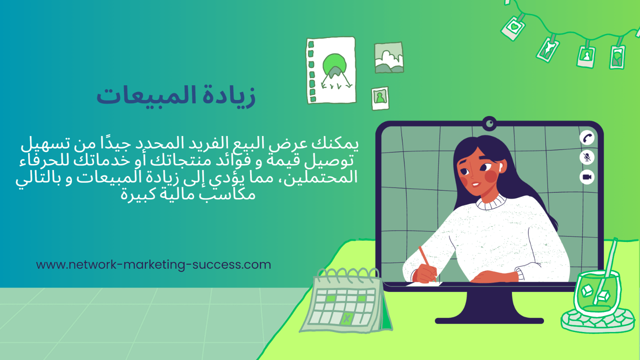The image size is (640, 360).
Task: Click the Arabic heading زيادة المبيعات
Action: coord(176,96)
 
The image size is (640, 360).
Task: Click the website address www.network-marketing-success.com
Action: coord(154,265)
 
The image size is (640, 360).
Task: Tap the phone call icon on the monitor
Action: coord(587,138)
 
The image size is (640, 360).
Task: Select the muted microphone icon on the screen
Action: coord(587,157)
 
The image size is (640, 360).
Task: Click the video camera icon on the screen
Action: coord(587,177)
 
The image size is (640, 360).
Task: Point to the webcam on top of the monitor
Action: coord(489,124)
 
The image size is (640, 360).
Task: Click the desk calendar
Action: coord(346,302)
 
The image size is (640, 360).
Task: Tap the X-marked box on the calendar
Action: coord(347,318)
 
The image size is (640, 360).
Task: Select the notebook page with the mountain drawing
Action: coord(331,70)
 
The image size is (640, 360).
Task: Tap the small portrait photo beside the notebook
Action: coord(380,98)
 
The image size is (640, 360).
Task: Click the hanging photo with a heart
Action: coord(513,28)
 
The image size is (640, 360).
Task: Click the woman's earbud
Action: coord(500,167)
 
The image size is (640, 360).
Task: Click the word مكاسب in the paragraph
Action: coord(228,195)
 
